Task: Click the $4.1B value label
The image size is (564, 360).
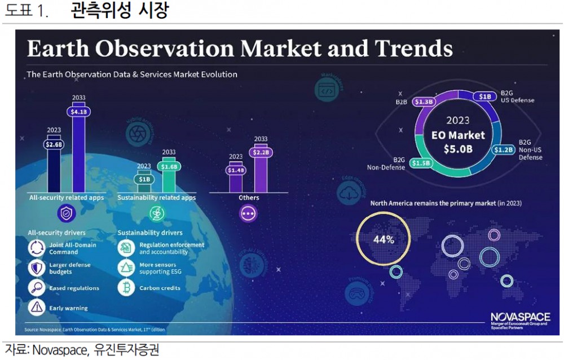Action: pos(78,112)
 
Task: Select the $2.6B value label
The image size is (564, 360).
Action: pos(54,144)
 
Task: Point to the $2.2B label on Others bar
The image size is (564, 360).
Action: pos(261,152)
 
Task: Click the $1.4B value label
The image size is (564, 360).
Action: pos(235,170)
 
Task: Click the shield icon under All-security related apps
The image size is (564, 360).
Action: pos(67,213)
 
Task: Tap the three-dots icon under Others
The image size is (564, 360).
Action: pos(248,213)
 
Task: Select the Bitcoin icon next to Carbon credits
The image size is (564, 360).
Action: pos(125,288)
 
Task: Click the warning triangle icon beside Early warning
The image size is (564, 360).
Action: pos(37,308)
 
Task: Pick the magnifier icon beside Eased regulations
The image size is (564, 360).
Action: pos(37,288)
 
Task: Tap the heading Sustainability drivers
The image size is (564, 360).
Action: pos(150,232)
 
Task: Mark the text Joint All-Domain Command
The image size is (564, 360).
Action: pos(72,248)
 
